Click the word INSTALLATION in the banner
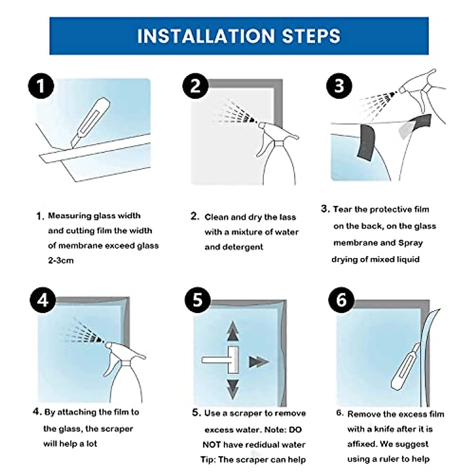[x=206, y=36]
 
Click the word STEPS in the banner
[x=311, y=36]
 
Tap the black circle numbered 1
[x=41, y=86]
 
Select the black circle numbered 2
[x=196, y=86]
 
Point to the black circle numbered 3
[x=339, y=86]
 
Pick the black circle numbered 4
[x=43, y=300]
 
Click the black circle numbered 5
[x=198, y=300]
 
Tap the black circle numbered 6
[x=341, y=300]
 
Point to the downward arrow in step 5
[x=233, y=389]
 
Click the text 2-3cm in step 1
[x=61, y=260]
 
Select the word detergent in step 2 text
[x=234, y=247]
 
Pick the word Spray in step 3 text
[x=410, y=243]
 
